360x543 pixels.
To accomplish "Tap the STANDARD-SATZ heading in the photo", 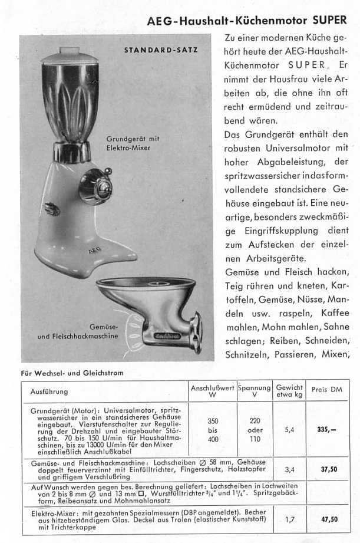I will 160,50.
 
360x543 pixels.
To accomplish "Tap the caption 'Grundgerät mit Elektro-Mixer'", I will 133,143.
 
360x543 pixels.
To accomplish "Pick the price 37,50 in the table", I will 329,470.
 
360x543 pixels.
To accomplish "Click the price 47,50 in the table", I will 329,519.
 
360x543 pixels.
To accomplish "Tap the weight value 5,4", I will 289,430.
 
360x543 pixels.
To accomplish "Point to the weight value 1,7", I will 289,519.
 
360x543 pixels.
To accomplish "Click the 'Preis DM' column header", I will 326,390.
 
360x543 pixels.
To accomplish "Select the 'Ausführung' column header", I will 49,391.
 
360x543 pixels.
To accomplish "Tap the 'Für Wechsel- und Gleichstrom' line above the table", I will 72,372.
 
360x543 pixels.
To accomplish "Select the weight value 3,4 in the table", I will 289,470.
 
